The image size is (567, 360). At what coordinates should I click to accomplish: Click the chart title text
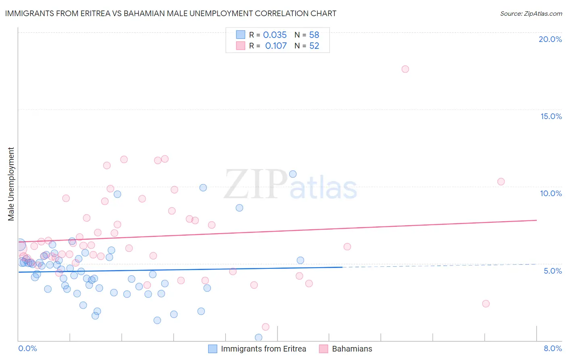(171, 13)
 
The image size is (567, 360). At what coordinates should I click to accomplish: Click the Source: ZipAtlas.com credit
(531, 13)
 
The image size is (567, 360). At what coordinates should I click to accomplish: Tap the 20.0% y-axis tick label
(550, 39)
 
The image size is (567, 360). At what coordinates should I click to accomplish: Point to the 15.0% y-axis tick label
(551, 116)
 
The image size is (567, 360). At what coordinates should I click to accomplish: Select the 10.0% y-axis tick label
(551, 193)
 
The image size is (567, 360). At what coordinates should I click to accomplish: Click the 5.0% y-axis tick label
(552, 270)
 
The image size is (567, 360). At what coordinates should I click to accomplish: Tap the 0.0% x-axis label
(27, 348)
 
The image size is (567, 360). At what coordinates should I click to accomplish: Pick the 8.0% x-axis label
(552, 348)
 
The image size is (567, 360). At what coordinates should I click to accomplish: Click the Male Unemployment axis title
(11, 184)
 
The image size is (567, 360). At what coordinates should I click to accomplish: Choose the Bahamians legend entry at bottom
(352, 349)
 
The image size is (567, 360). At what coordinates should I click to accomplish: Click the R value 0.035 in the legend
(275, 35)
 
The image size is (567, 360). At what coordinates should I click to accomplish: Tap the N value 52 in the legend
(314, 46)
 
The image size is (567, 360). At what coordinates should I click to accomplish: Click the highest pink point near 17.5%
(405, 69)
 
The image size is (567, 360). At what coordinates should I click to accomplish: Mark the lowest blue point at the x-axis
(258, 337)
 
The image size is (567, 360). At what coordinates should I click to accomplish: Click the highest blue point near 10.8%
(293, 174)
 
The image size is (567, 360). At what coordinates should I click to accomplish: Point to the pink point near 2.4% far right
(486, 303)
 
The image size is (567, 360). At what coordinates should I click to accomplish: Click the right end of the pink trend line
(536, 220)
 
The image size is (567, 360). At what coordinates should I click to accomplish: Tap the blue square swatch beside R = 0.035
(241, 35)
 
